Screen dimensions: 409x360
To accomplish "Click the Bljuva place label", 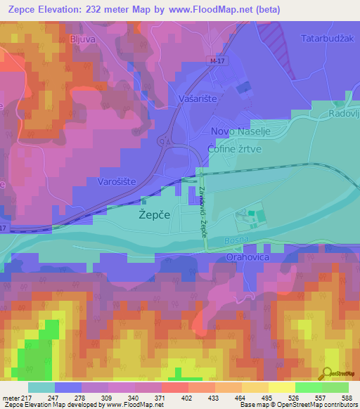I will click(82, 39).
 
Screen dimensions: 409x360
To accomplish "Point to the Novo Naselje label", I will click(240, 131).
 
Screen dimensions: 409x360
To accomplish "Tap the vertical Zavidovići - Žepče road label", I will click(202, 210).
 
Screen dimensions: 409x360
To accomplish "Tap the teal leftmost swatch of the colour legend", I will click(41, 387).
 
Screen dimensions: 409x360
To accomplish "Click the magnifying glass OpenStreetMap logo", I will click(326, 373).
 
